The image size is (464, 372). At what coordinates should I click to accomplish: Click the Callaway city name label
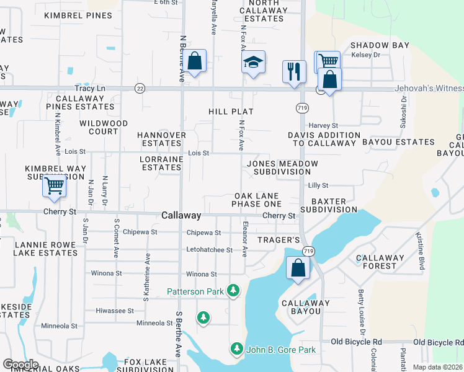(x=181, y=215)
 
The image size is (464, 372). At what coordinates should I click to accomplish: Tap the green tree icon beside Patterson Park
(x=233, y=290)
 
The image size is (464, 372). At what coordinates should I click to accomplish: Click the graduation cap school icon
(x=252, y=63)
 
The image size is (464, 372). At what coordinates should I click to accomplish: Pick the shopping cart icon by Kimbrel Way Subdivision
(x=54, y=185)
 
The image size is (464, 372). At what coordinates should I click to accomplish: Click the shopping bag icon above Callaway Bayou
(x=298, y=268)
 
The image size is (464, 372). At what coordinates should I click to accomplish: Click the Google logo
(x=20, y=364)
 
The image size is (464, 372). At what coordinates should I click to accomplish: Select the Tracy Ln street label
(x=90, y=89)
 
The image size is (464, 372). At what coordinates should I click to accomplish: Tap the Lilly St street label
(x=318, y=185)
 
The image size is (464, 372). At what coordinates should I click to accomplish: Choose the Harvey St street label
(x=322, y=125)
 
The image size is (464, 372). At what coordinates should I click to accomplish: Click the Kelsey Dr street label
(x=365, y=55)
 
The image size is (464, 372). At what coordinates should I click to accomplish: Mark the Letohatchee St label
(x=210, y=250)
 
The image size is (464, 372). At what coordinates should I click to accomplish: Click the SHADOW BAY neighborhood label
(x=380, y=45)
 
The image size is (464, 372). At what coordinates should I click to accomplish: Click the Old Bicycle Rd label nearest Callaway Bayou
(x=357, y=342)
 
